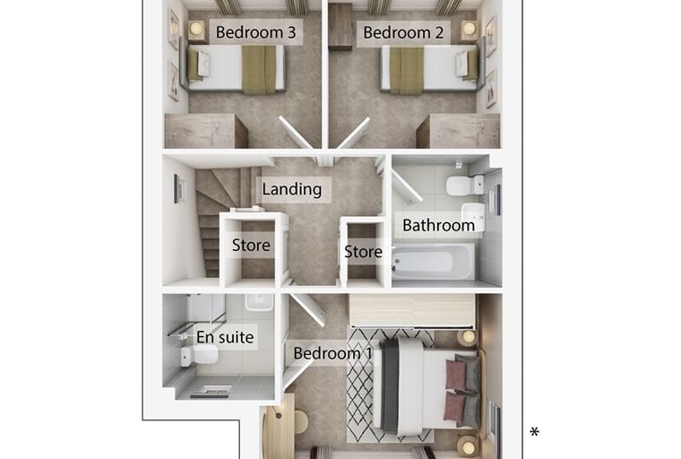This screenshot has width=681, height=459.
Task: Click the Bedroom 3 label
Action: [255, 32]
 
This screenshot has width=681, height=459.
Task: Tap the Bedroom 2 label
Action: [403, 32]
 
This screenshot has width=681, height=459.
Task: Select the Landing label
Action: [292, 189]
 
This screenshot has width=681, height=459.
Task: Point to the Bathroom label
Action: [439, 225]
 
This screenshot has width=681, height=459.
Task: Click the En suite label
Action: [225, 337]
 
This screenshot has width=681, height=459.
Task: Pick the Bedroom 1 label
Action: [332, 353]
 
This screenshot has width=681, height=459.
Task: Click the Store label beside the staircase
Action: [251, 245]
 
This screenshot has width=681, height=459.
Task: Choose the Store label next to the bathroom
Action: [363, 252]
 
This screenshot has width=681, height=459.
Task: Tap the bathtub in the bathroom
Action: [433, 263]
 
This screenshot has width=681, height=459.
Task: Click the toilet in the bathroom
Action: [464, 186]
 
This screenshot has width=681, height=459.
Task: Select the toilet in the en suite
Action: [200, 357]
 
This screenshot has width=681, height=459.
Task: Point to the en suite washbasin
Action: [259, 302]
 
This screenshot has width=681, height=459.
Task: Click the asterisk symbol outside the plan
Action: [534, 431]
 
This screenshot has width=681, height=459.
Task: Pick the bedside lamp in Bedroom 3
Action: [196, 29]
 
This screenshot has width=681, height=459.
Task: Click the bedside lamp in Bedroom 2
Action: [469, 29]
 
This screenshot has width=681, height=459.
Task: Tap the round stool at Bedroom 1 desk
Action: [301, 421]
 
